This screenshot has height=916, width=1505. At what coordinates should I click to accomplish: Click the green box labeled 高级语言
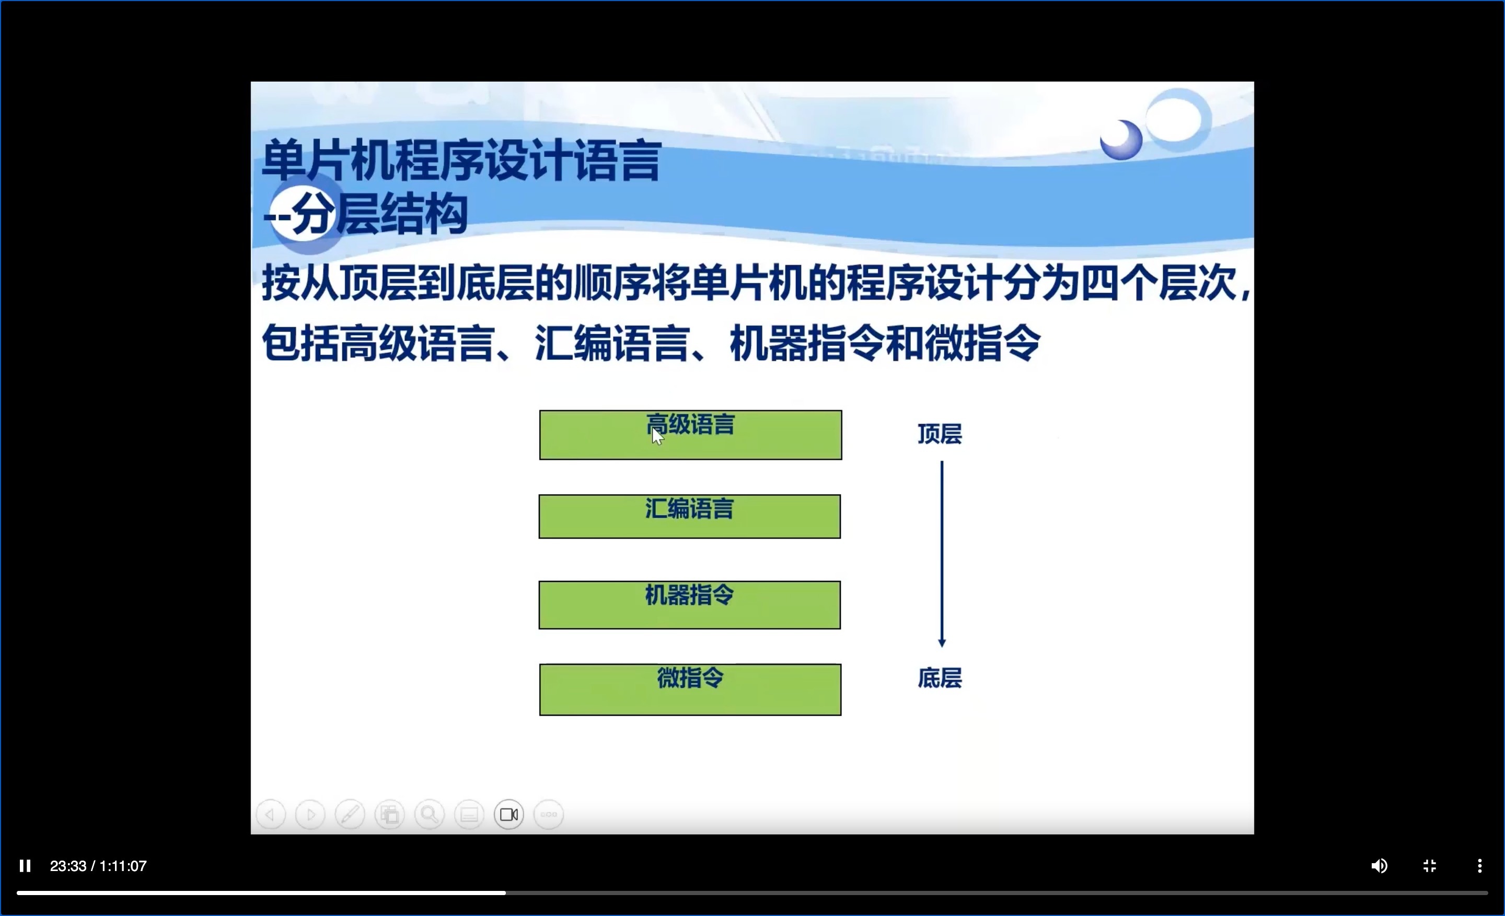pyautogui.click(x=690, y=434)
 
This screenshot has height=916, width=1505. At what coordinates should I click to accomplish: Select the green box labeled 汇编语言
pyautogui.click(x=690, y=517)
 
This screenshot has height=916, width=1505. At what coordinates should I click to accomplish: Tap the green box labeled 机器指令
pyautogui.click(x=690, y=605)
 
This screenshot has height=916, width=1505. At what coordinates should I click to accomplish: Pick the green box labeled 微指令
pyautogui.click(x=690, y=689)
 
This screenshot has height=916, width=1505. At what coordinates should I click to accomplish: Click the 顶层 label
pyautogui.click(x=940, y=434)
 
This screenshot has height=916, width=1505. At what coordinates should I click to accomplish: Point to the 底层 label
pyautogui.click(x=940, y=678)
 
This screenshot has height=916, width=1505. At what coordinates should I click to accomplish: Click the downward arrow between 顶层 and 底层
pyautogui.click(x=942, y=554)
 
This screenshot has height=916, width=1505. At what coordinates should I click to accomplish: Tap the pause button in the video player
pyautogui.click(x=25, y=866)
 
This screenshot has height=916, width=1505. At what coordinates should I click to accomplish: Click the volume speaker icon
pyautogui.click(x=1379, y=866)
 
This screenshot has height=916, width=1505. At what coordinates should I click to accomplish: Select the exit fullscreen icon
pyautogui.click(x=1430, y=866)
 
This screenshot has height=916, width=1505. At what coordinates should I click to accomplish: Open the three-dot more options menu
pyautogui.click(x=1479, y=866)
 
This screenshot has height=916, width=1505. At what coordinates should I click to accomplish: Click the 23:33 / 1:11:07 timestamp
pyautogui.click(x=98, y=866)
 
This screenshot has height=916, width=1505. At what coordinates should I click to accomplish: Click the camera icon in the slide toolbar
pyautogui.click(x=509, y=815)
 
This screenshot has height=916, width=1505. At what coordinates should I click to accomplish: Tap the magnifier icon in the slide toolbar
pyautogui.click(x=430, y=815)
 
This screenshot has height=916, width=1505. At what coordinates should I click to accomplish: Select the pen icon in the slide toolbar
pyautogui.click(x=350, y=815)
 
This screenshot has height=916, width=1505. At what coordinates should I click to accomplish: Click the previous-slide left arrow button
pyautogui.click(x=271, y=815)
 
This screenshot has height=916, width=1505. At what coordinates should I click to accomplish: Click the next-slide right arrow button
pyautogui.click(x=310, y=815)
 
